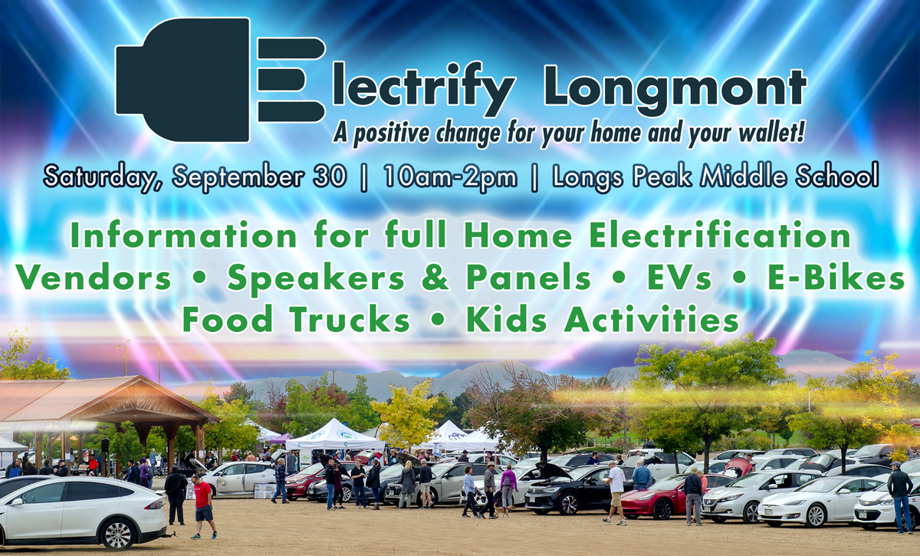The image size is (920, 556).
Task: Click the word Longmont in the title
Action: click(x=675, y=90)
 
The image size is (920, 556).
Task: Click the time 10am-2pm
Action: click(x=450, y=177)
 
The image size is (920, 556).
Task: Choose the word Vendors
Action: click(x=94, y=278)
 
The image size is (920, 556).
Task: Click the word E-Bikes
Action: click(x=836, y=278)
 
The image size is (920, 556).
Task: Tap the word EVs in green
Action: click(x=679, y=278)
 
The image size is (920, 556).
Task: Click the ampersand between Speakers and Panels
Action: click(x=435, y=278)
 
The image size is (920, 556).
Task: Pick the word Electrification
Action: click(x=720, y=235)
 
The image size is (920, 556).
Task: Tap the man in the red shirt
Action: click(x=203, y=507)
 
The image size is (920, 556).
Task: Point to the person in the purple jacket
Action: click(x=508, y=485)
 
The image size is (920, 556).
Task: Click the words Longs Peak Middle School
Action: click(x=715, y=177)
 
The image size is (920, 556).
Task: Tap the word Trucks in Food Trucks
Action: click(x=350, y=319)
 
